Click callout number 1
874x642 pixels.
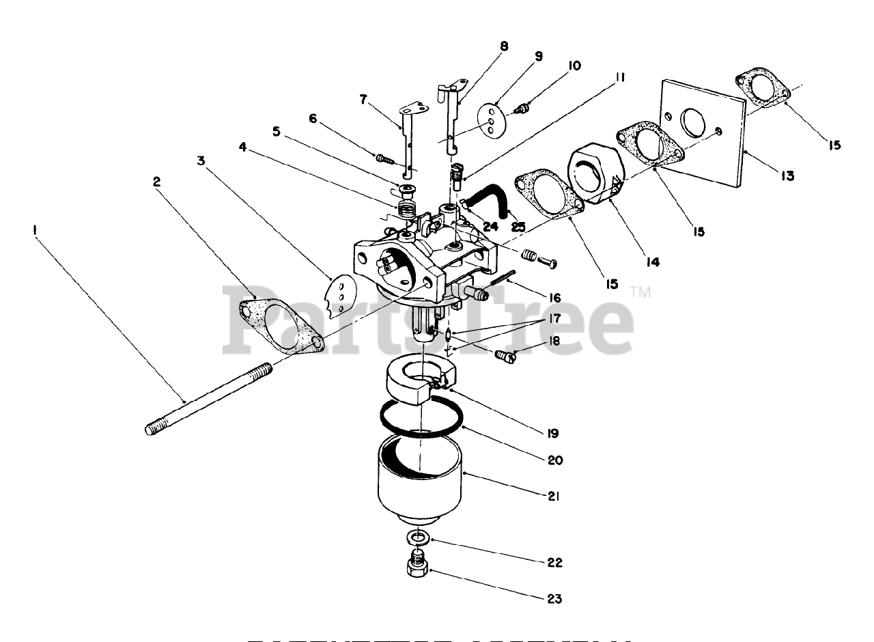(33, 231)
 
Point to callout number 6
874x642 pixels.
(313, 118)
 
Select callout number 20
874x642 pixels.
(554, 460)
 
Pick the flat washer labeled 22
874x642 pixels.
(418, 537)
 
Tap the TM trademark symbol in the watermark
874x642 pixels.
(641, 292)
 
